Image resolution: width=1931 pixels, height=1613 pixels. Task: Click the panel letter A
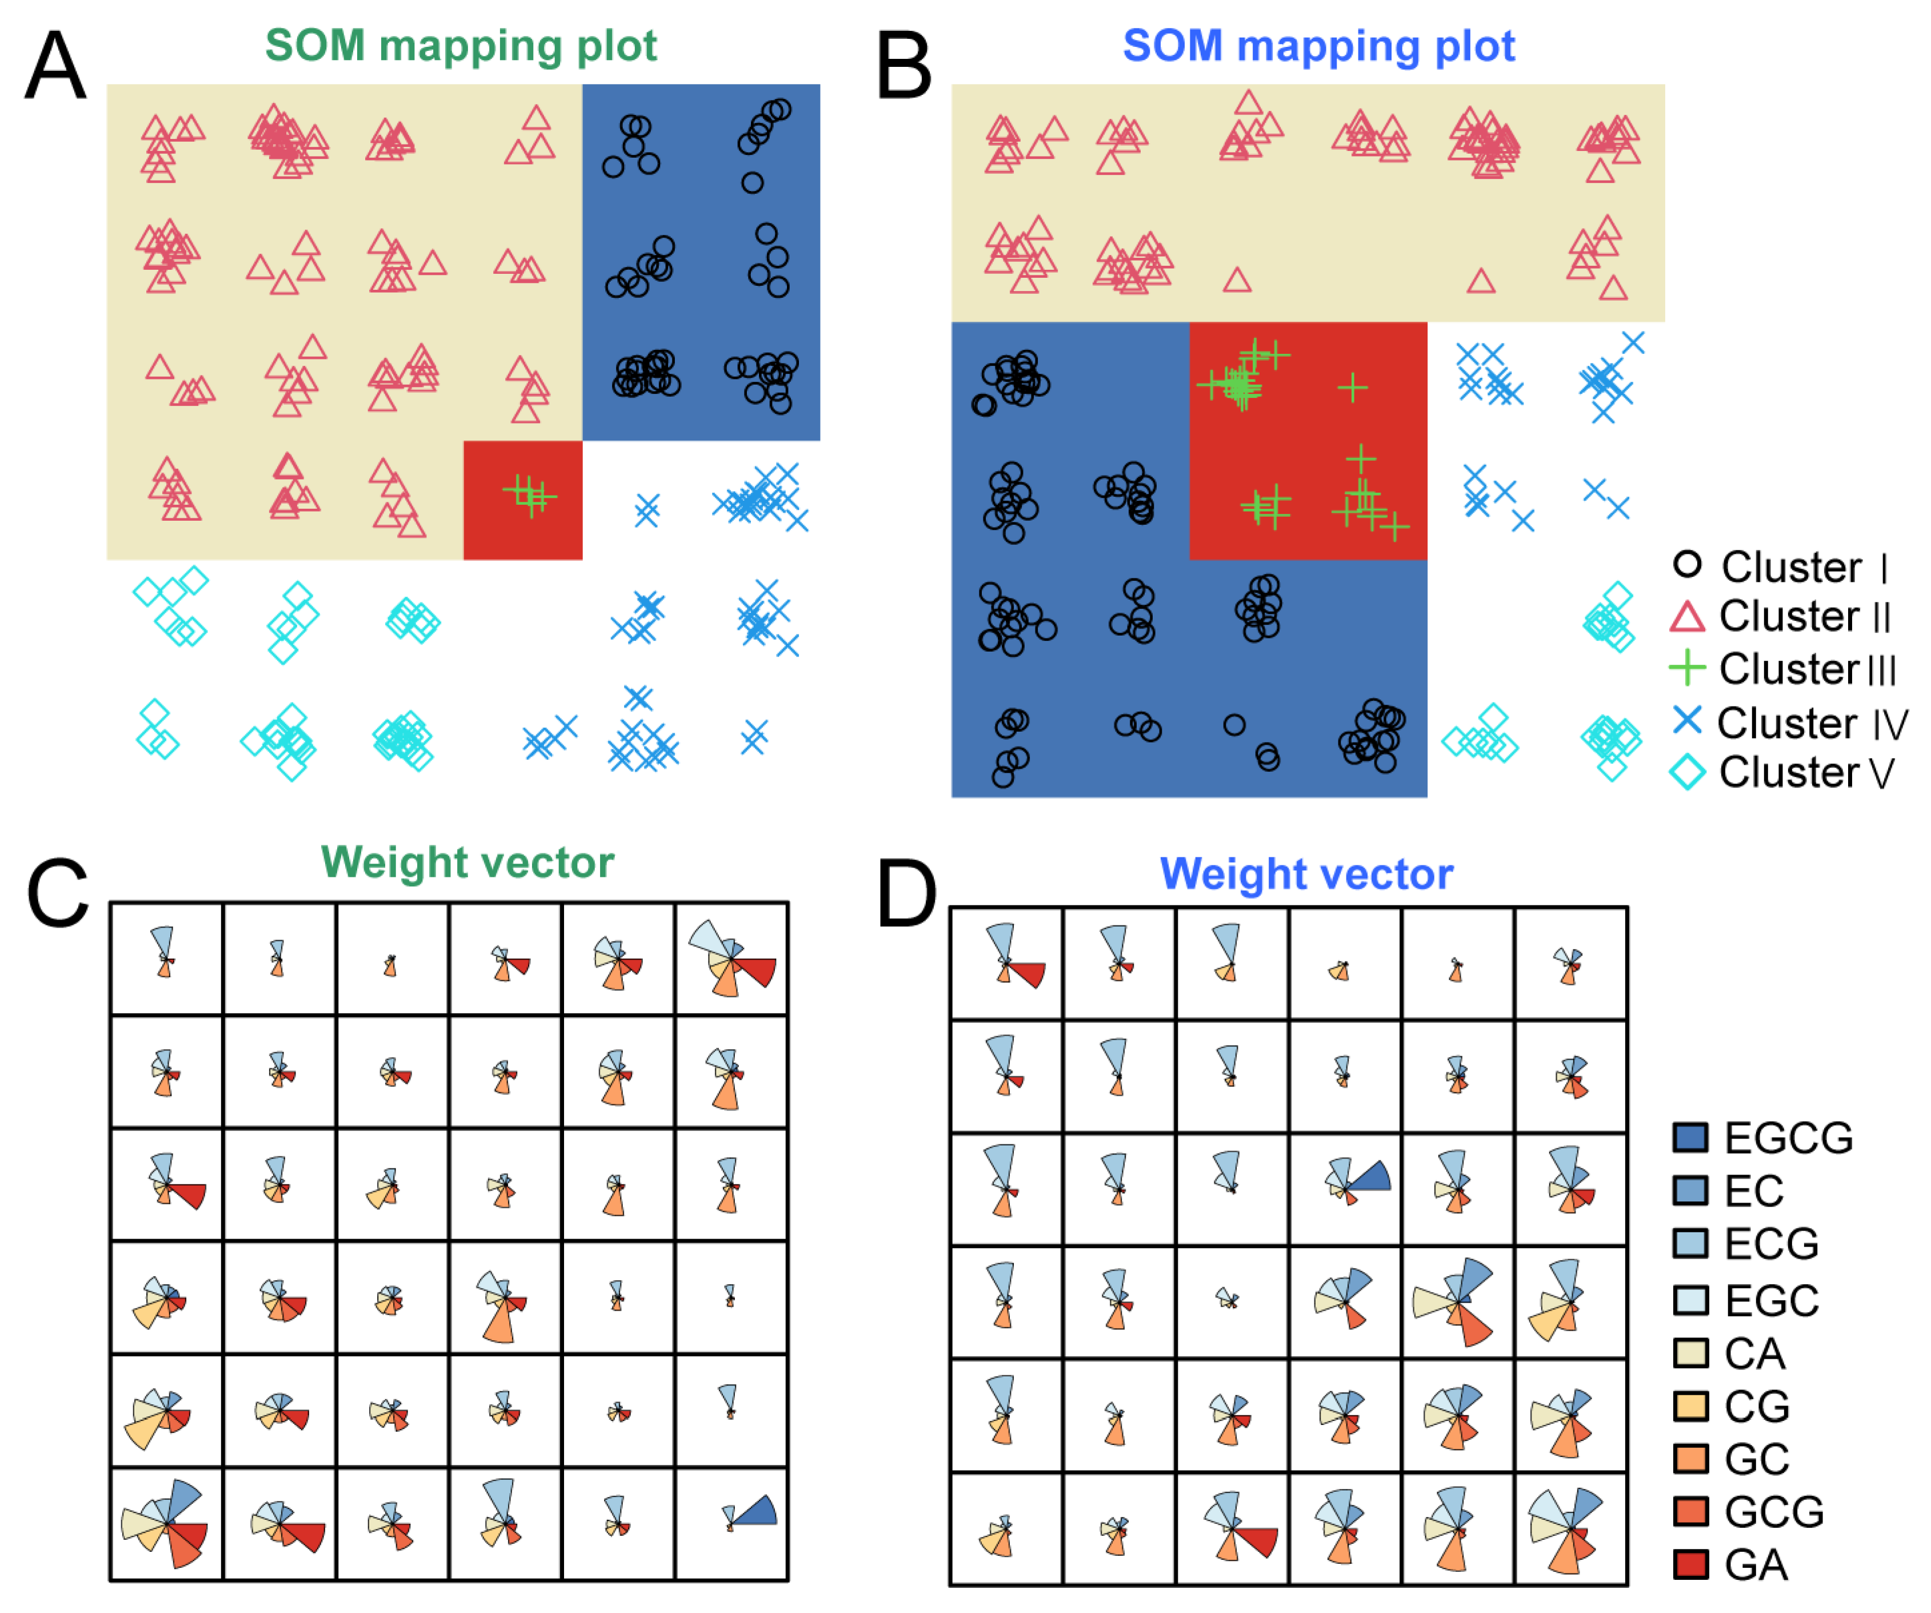(x=55, y=66)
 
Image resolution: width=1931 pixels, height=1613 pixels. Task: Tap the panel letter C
(x=57, y=894)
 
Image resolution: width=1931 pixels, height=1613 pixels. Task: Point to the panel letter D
(x=906, y=894)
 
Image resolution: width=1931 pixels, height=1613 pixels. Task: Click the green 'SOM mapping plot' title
(x=461, y=46)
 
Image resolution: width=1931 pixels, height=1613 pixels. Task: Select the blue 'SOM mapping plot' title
(x=1318, y=46)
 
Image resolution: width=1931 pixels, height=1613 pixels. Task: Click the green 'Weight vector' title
(x=467, y=863)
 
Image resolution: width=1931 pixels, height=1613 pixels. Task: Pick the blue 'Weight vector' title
(x=1306, y=873)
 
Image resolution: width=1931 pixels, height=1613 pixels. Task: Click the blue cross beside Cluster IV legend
(x=1688, y=720)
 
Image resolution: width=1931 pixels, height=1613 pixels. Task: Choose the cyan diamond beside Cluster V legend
(x=1688, y=772)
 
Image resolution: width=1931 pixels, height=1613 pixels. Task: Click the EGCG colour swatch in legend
(x=1690, y=1137)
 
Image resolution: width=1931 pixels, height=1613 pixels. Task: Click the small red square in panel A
(x=522, y=500)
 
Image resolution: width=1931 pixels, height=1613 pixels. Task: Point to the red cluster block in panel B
(x=1308, y=441)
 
